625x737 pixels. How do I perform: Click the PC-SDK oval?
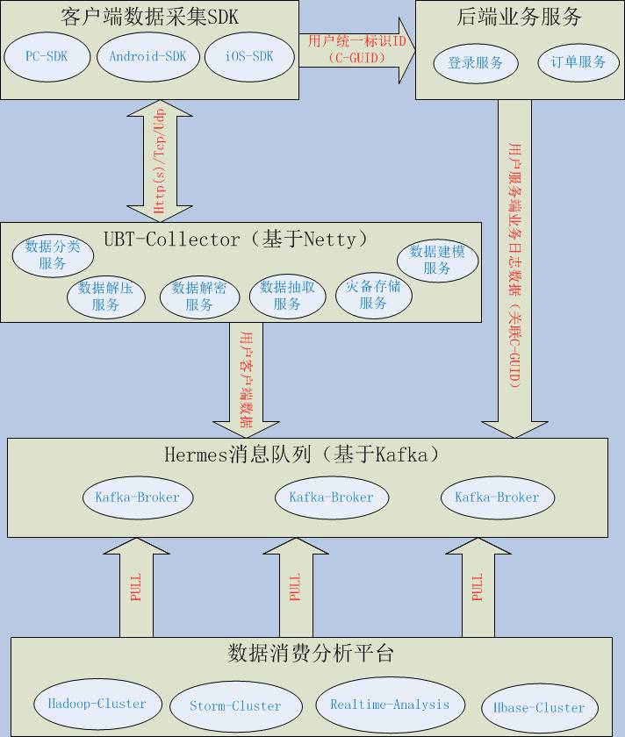[47, 57]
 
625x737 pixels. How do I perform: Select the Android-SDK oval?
[147, 57]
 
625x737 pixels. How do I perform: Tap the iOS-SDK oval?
[249, 57]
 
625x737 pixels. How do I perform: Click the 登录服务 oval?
[476, 63]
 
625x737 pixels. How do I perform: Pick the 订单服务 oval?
[578, 63]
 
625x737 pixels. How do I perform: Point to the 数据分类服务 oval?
[52, 254]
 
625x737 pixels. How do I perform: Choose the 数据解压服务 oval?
[105, 297]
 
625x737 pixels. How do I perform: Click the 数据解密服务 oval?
[199, 297]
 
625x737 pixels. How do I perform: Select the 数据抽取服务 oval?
[288, 297]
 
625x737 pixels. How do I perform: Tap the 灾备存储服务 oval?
[373, 295]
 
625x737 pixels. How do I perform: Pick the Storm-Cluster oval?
[235, 705]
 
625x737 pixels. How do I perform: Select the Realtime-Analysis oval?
[390, 704]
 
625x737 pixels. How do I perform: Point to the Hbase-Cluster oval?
[539, 707]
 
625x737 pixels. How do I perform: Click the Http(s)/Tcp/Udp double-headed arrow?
[161, 161]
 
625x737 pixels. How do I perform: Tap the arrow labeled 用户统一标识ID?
[356, 50]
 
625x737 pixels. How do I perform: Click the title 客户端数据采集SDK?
[149, 17]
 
